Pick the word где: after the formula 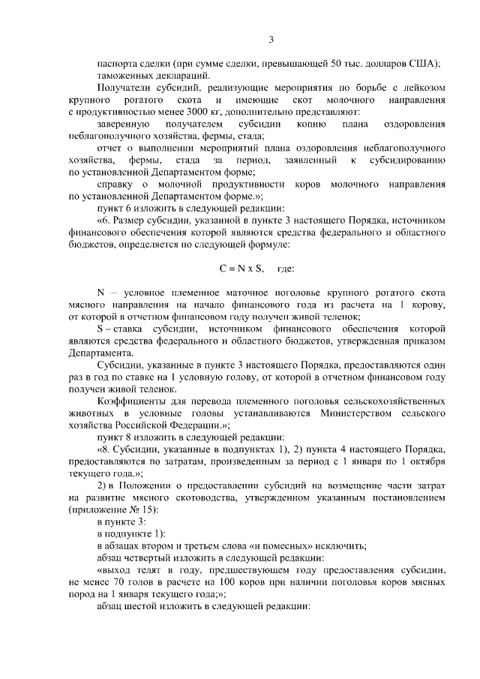pos(286,268)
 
